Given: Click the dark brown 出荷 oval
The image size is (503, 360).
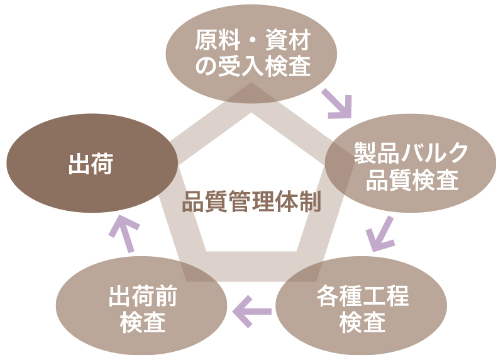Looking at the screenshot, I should tap(92, 165).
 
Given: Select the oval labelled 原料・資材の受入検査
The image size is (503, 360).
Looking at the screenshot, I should tap(251, 54).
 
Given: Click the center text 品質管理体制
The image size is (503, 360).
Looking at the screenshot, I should tap(251, 203).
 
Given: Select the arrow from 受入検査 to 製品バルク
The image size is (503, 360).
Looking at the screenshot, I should tap(337, 104).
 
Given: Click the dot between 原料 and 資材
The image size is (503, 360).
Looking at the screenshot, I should tap(251, 42).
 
